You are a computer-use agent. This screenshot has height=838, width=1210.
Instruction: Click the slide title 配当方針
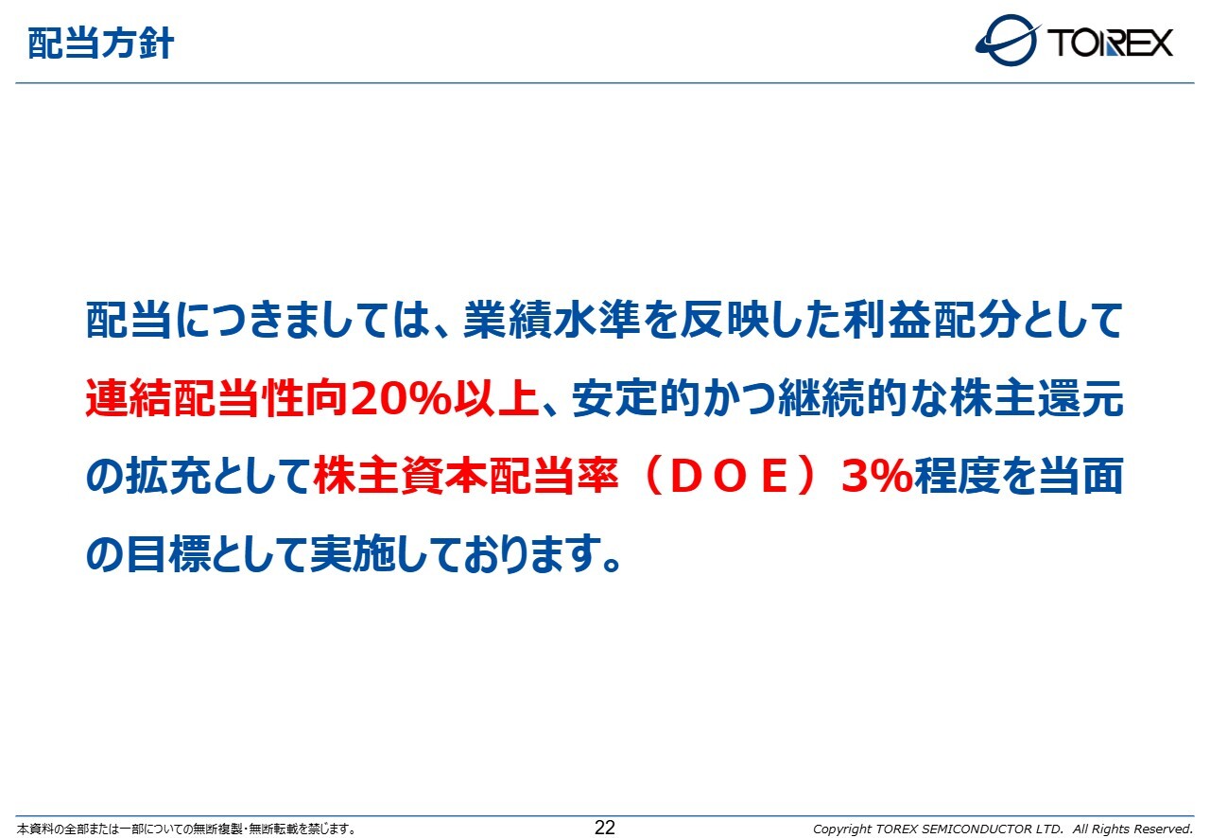pos(100,44)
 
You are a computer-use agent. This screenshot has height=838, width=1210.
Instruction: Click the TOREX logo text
pos(1110,43)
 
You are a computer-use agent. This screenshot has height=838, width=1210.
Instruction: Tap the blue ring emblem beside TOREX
pos(1008,40)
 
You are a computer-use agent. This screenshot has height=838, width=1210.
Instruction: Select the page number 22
pos(604,828)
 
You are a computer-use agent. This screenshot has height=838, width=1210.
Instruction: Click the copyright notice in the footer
pos(1003,829)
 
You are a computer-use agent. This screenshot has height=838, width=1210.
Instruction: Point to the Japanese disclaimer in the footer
pos(186,829)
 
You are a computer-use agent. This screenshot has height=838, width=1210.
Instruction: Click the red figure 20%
pos(400,398)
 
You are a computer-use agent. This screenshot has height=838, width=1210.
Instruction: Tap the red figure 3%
pos(876,476)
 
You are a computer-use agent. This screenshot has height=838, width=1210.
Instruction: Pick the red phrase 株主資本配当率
pos(465,476)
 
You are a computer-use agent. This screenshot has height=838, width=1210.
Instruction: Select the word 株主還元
pos(1037,398)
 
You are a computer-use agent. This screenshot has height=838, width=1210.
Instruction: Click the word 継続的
pos(842,398)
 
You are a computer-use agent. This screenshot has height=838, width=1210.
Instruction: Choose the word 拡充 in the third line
pos(168,476)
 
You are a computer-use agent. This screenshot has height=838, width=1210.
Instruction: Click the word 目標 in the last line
pos(168,553)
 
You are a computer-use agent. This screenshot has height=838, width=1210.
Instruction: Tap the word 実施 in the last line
pos(353,553)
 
